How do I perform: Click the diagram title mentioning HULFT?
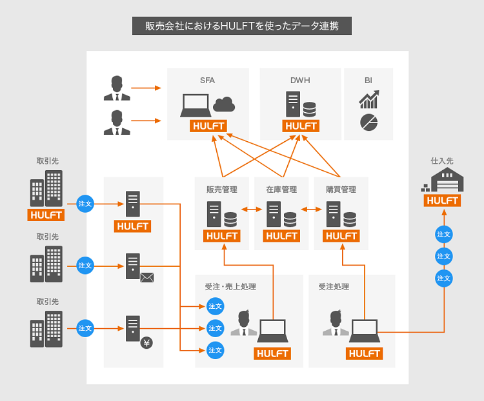point(241,26)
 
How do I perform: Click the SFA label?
point(207,81)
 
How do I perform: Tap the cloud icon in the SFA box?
point(223,103)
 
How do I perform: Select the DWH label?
point(300,81)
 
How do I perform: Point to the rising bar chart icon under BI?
point(368,99)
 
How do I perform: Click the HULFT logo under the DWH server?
point(301,126)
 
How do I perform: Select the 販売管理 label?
point(221,190)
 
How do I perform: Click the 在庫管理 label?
point(281,190)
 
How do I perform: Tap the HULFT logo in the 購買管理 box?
point(341,236)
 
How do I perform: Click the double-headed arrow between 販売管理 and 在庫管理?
point(252,210)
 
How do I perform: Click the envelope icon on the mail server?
point(147,278)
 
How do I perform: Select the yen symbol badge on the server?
point(146,343)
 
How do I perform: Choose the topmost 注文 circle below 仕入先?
point(443,234)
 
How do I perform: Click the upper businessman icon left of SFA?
point(117,88)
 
